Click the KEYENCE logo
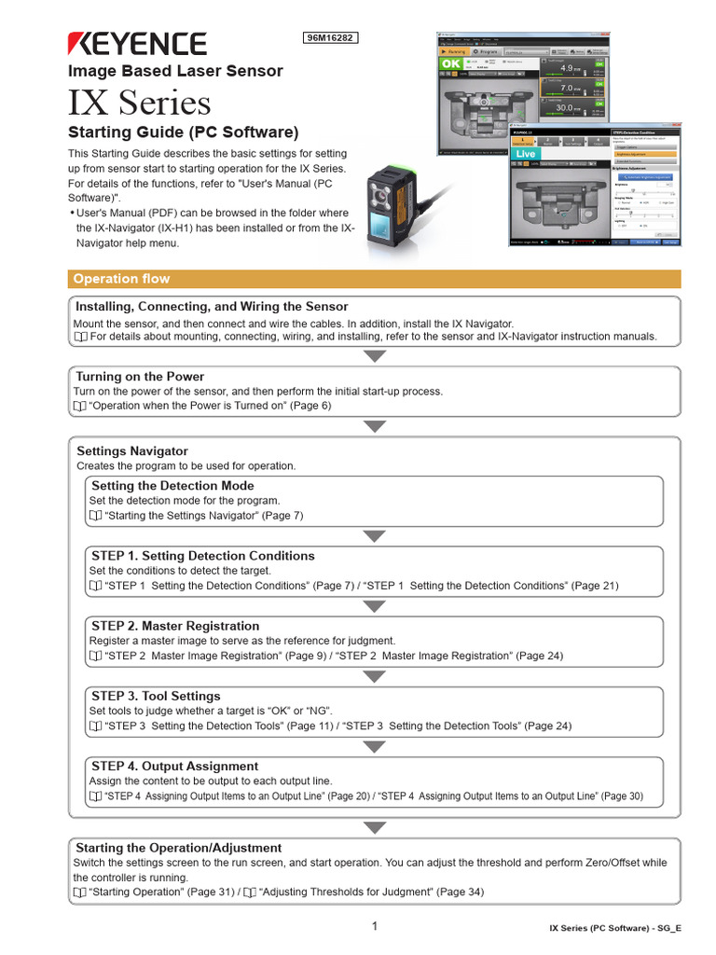point(137,43)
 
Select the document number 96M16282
point(331,38)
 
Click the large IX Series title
point(140,102)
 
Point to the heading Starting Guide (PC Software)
point(184,131)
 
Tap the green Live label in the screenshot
point(526,153)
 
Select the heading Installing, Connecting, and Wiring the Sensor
point(212,306)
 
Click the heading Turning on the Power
point(140,377)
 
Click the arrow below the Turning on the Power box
point(375,426)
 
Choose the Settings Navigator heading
point(132,451)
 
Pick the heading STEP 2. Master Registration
point(175,626)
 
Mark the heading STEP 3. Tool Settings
point(156,696)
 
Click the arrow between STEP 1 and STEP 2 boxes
point(375,606)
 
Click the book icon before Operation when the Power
point(79,407)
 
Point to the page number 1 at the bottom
point(375,926)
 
